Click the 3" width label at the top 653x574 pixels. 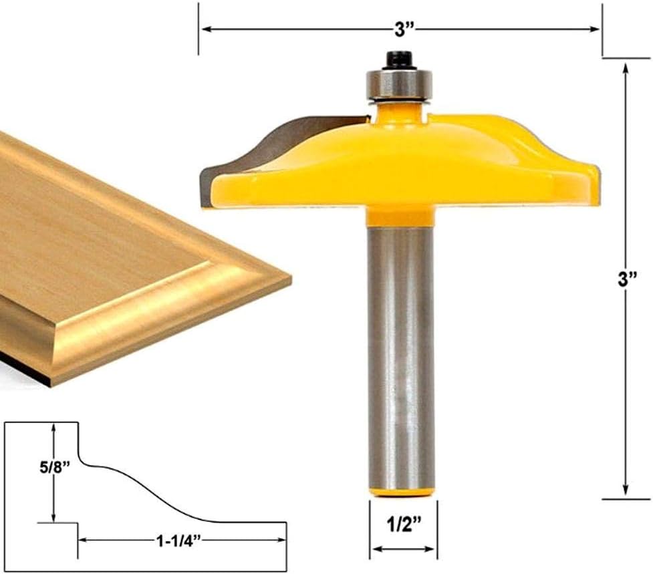(x=404, y=29)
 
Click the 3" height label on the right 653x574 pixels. (x=628, y=279)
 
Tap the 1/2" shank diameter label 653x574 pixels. (x=404, y=525)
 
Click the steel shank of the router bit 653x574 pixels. (x=402, y=358)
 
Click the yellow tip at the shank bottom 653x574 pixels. (x=402, y=492)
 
